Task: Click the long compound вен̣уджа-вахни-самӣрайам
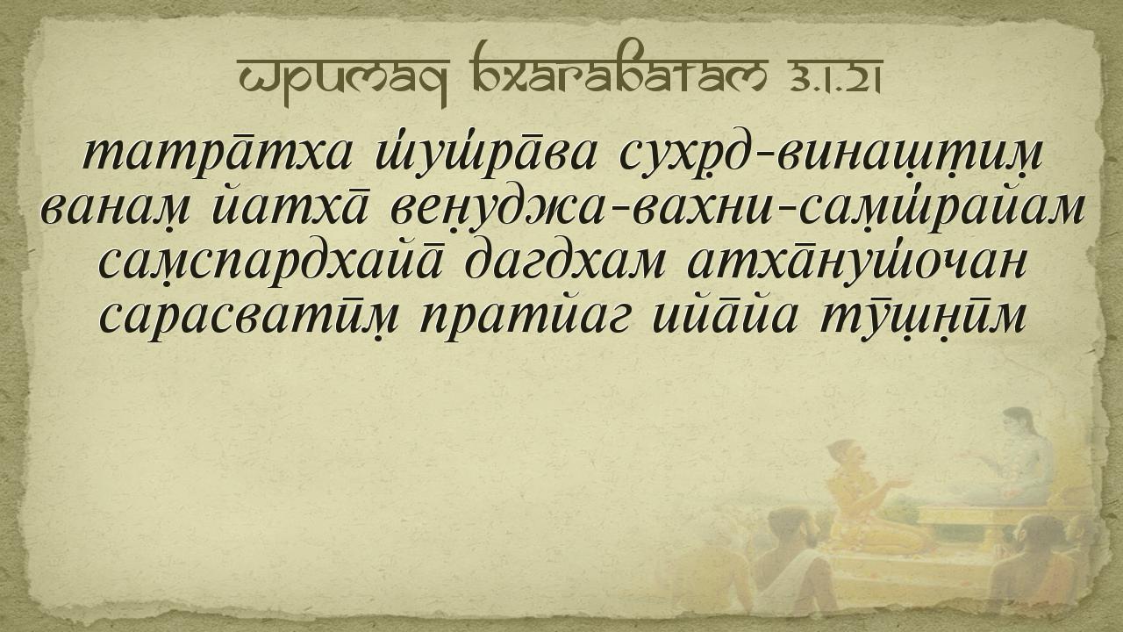tap(737, 211)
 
